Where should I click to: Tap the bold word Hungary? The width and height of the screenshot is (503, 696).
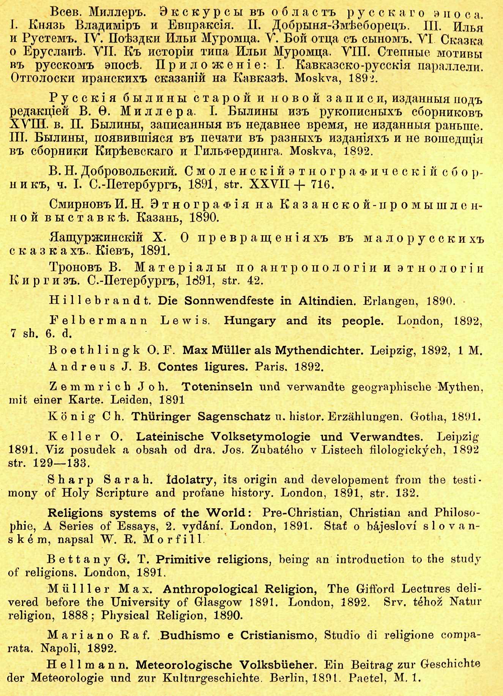[250, 321]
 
